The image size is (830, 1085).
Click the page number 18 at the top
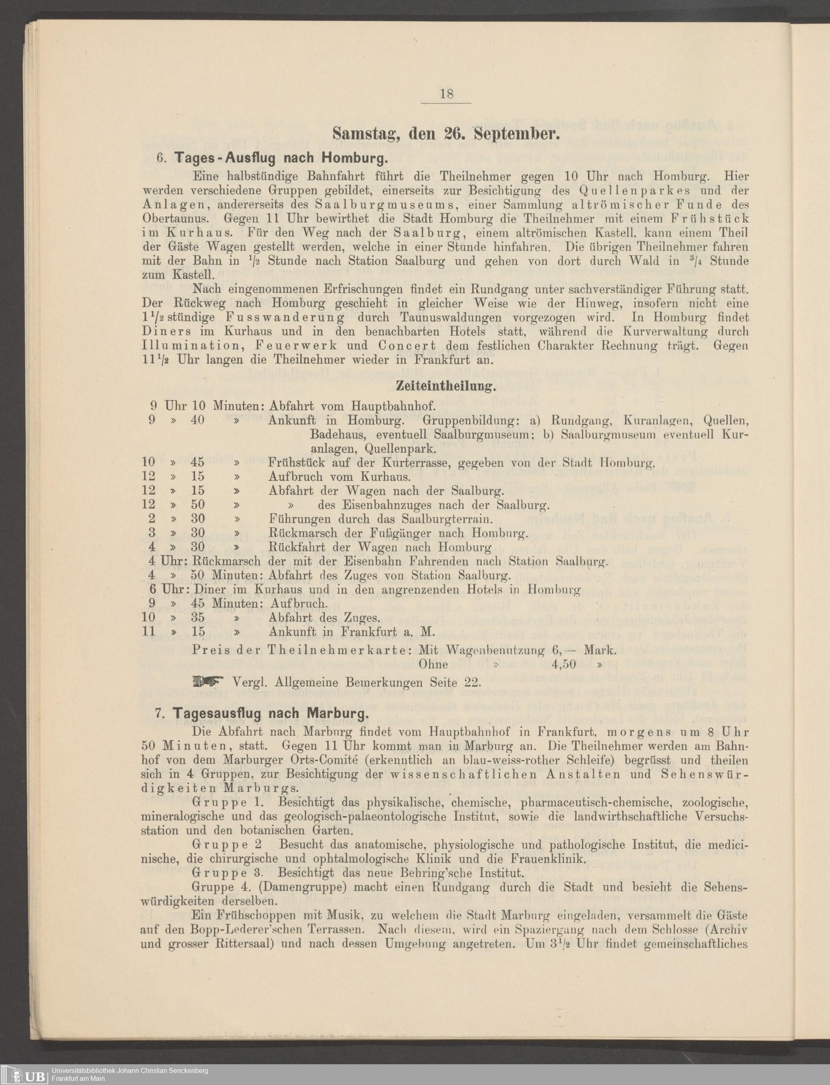click(x=446, y=93)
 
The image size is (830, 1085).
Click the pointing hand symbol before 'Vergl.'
click(x=208, y=683)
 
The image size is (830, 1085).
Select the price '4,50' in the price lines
click(x=564, y=664)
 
